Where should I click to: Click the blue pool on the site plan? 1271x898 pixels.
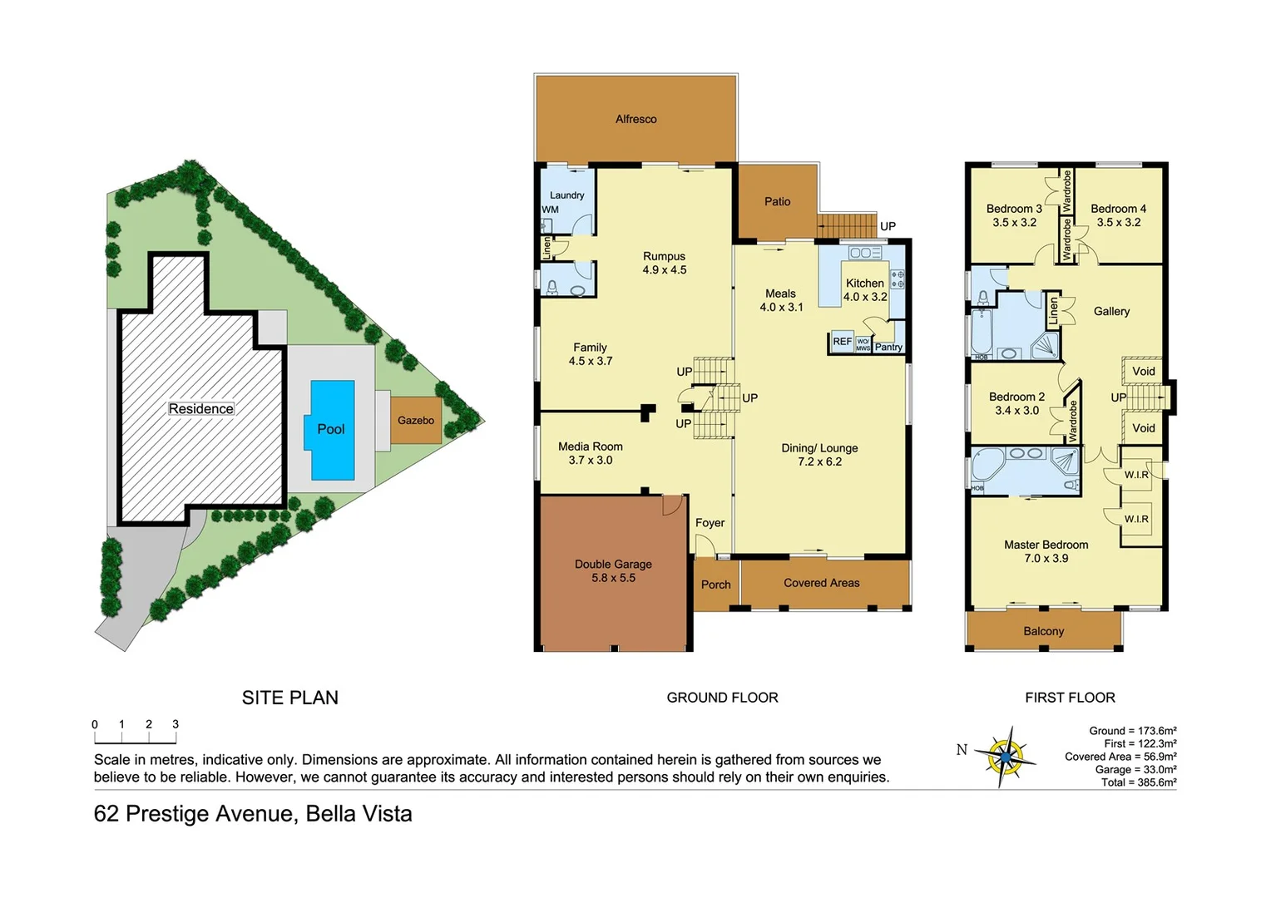click(x=332, y=429)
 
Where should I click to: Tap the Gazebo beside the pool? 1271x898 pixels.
click(x=415, y=421)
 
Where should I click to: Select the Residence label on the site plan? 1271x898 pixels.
click(x=200, y=409)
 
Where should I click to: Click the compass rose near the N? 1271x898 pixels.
click(x=1006, y=757)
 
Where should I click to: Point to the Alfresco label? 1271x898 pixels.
click(x=635, y=120)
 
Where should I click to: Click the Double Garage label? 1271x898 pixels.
click(x=613, y=565)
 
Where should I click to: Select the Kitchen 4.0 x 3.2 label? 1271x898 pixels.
click(x=864, y=289)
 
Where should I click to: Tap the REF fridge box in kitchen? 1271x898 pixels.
click(x=842, y=342)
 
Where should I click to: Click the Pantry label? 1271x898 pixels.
click(x=888, y=348)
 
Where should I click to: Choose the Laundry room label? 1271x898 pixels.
click(x=566, y=195)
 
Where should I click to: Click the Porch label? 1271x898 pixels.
click(x=715, y=585)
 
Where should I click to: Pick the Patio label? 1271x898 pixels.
click(x=777, y=202)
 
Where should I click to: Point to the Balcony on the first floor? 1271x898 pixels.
click(x=1043, y=632)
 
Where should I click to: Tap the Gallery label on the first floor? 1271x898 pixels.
click(x=1111, y=312)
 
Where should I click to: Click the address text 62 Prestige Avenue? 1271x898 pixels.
click(x=252, y=814)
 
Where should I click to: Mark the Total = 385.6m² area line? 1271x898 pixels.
click(x=1138, y=782)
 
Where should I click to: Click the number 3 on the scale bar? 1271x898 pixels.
click(x=176, y=724)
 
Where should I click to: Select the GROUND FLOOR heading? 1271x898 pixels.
click(x=722, y=698)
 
